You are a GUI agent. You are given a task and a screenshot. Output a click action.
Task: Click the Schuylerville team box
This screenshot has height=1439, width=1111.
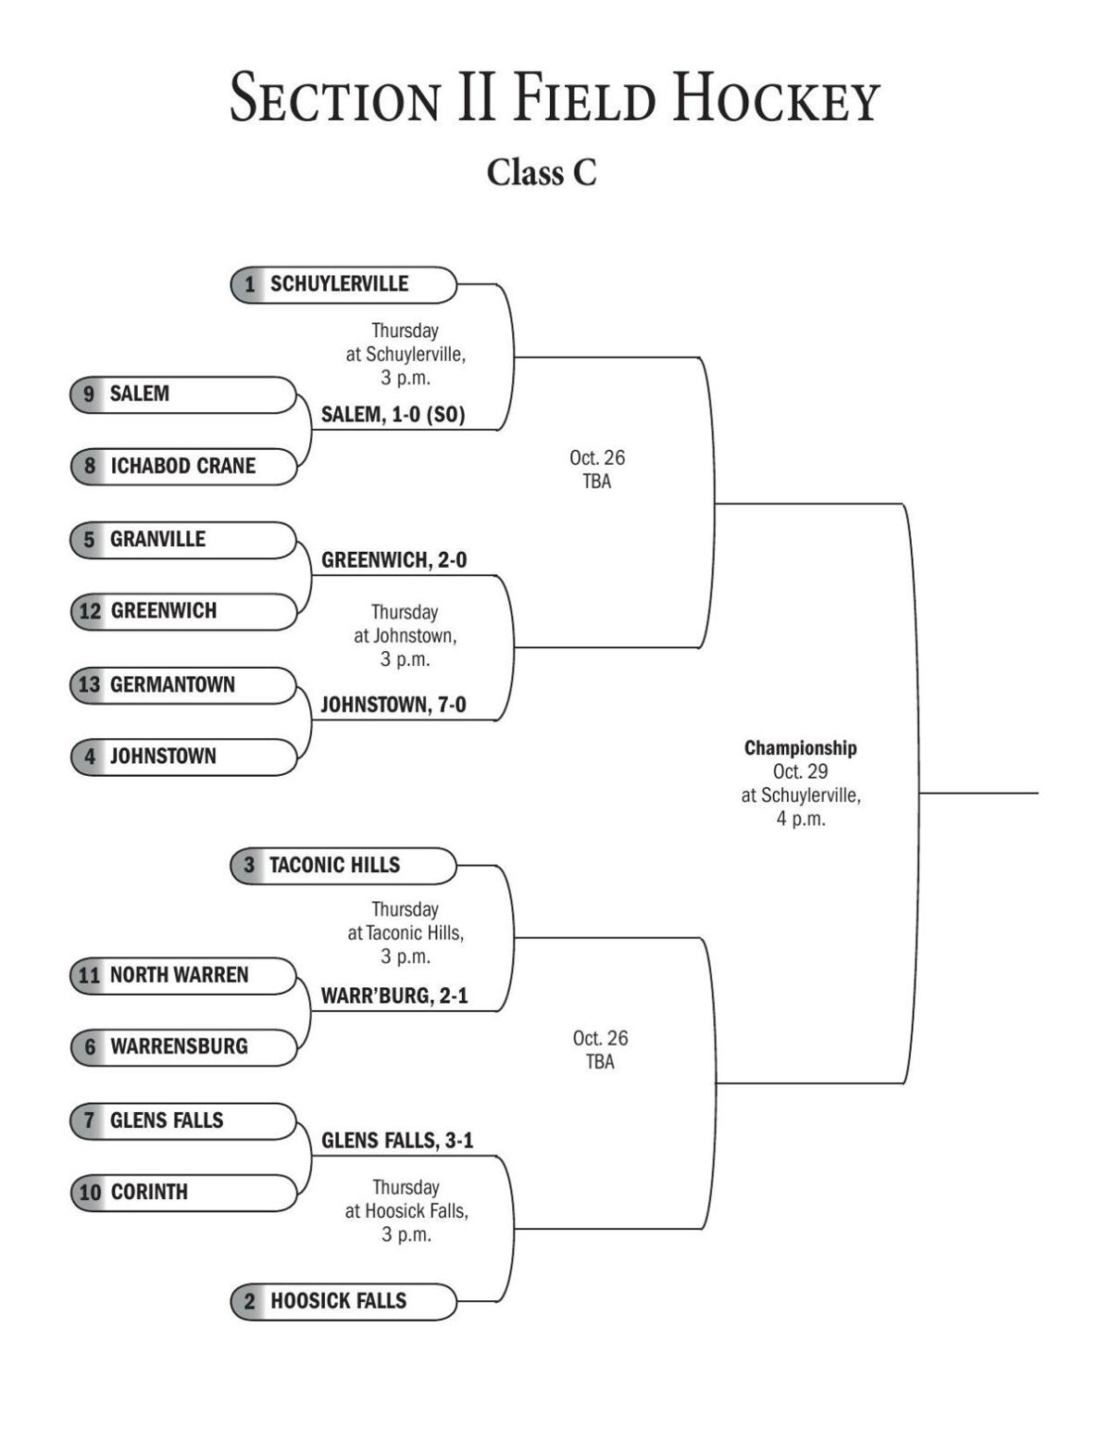coord(343,284)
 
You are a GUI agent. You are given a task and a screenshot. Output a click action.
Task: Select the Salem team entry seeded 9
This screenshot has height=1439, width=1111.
coord(182,394)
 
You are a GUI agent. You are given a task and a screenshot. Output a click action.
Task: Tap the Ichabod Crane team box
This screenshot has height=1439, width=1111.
coord(182,466)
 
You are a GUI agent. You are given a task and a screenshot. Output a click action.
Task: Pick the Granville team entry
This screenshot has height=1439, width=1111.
coord(182,539)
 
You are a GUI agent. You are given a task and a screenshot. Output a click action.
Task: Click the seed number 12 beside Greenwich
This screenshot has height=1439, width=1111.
coord(90,611)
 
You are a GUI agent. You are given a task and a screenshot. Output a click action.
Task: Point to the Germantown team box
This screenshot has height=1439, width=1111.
coord(182,684)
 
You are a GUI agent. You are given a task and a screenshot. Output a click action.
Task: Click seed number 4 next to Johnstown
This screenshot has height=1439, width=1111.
coord(90,757)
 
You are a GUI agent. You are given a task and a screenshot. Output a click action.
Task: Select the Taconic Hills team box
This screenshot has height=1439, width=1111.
coord(343,865)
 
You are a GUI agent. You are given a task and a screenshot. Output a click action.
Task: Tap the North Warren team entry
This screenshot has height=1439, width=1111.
coord(182,975)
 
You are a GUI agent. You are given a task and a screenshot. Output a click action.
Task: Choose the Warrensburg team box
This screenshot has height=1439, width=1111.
coord(182,1046)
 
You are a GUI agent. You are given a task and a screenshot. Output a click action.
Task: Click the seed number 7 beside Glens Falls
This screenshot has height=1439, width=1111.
coord(90,1120)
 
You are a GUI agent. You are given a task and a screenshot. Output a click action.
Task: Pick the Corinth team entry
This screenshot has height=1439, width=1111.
coord(182,1192)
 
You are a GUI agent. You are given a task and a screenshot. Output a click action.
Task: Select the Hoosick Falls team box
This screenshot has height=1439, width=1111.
coord(343,1301)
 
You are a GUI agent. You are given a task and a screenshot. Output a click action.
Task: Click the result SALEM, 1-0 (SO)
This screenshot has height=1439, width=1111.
coord(393,415)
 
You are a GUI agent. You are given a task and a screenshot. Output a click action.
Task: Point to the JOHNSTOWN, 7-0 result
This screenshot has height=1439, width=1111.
coord(393,705)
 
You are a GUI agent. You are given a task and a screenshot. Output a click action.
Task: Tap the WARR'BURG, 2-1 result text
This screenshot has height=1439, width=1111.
coord(393,995)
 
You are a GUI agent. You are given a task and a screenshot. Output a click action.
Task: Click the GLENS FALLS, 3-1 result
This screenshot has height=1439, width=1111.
coord(396,1140)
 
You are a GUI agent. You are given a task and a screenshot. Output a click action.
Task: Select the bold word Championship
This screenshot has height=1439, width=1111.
coord(800,748)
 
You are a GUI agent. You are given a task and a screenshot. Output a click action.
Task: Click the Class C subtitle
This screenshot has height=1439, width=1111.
coord(542,172)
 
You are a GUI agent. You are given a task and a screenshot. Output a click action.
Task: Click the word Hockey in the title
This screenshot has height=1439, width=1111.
coord(775,98)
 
